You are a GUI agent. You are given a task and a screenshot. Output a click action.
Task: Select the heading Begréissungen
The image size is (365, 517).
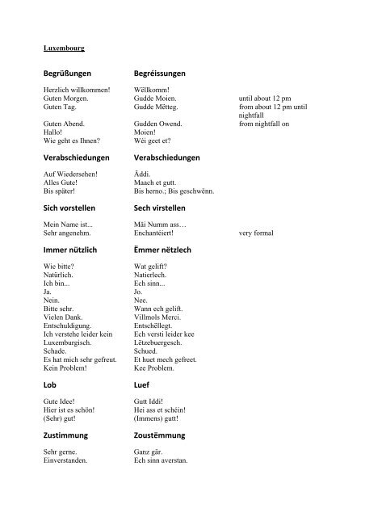(x=167, y=74)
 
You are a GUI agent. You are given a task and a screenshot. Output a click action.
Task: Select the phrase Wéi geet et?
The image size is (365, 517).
(x=153, y=140)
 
